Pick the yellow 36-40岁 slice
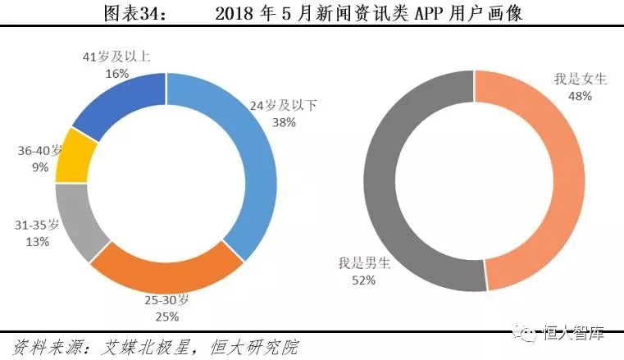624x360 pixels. point(72,159)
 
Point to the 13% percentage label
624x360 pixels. point(38,241)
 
